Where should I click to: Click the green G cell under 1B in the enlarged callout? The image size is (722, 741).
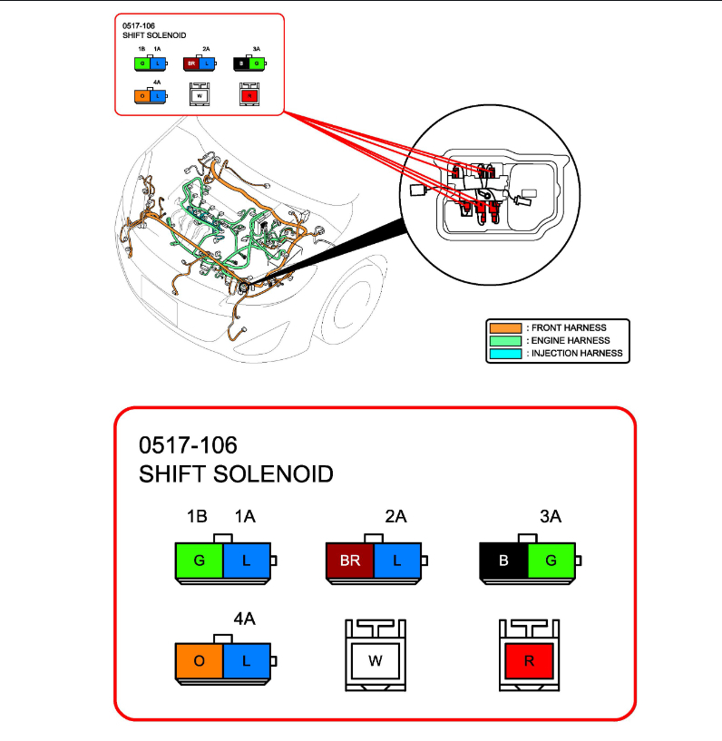[199, 561]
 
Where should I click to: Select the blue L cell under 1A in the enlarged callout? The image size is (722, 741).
[246, 561]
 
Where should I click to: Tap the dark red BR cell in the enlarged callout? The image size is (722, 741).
[350, 561]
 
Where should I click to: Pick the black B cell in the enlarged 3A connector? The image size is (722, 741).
[502, 561]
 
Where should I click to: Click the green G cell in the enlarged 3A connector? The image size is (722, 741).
[551, 561]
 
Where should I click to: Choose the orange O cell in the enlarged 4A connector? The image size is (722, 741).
[199, 660]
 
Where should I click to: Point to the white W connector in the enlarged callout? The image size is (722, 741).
[376, 661]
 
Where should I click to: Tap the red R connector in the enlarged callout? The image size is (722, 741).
[530, 661]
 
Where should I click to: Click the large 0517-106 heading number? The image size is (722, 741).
[188, 445]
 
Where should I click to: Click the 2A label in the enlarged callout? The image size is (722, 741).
[395, 516]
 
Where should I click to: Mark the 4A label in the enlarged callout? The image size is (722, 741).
[244, 619]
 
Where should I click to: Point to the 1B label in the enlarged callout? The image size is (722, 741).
[197, 516]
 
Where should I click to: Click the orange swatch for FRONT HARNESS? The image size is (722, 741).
[506, 327]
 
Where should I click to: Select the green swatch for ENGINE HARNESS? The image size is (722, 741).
[506, 340]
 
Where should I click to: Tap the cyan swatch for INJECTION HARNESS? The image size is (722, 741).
[506, 353]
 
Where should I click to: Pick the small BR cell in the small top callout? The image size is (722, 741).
[191, 63]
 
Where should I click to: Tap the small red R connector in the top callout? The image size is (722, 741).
[248, 95]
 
